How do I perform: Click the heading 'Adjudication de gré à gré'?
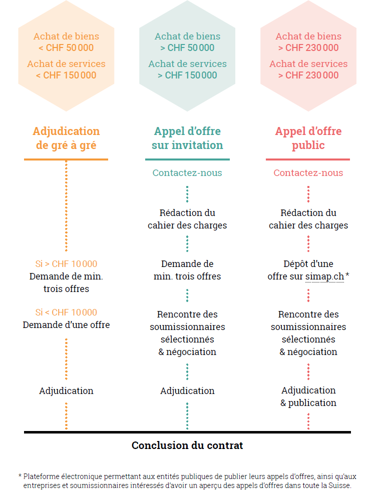66,138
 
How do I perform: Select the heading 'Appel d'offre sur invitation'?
187,138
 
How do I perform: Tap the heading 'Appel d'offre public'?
308,138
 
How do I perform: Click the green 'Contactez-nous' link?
187,173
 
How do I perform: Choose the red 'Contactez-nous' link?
308,173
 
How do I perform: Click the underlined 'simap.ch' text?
324,276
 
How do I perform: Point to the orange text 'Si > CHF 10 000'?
66,264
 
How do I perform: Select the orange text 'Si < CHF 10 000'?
66,312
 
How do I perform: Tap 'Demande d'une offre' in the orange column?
66,325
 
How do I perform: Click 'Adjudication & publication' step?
308,396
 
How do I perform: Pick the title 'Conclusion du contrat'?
187,445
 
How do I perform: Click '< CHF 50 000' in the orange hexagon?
66,48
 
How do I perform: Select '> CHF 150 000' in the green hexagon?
187,75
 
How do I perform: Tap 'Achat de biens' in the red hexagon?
308,36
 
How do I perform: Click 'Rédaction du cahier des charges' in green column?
187,219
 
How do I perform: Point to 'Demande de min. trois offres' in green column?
187,270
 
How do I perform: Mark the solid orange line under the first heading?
66,159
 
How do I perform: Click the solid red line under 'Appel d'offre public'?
308,159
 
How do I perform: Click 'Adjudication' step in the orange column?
66,391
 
